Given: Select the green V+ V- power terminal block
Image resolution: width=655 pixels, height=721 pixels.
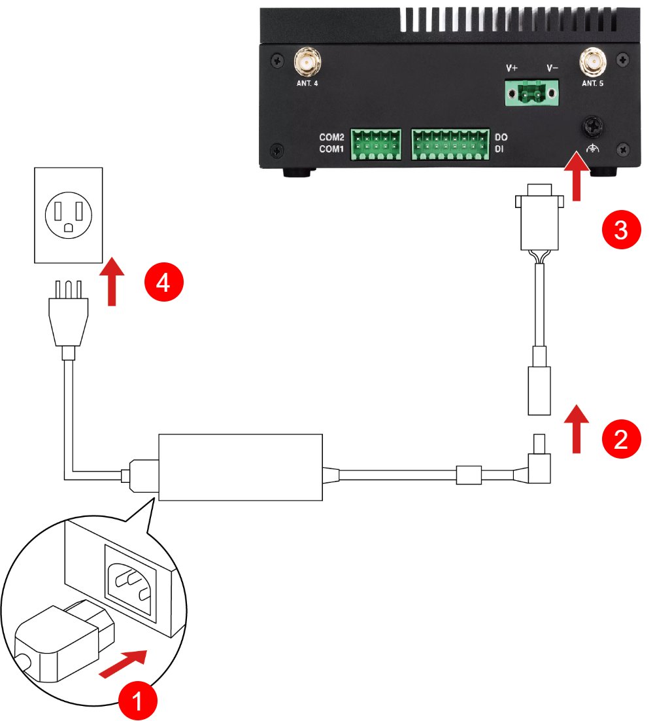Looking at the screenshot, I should point(532,93).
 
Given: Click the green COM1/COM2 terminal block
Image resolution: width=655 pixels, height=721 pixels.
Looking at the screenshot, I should point(376,144).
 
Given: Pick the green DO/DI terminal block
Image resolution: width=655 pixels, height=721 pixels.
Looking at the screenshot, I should point(450,144).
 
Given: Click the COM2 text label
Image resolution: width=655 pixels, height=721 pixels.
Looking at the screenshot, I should point(331,137).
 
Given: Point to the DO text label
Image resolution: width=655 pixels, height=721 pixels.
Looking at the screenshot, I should point(501,137).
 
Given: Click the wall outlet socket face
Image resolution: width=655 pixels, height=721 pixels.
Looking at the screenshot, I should point(68,215).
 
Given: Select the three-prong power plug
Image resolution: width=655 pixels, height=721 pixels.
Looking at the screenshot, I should point(68,314).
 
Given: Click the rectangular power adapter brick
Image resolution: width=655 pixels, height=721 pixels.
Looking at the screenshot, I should point(241,467).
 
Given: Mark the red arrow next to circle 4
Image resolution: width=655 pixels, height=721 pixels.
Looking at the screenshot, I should point(114,282).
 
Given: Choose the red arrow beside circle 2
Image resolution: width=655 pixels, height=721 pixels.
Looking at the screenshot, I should point(577,429).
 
